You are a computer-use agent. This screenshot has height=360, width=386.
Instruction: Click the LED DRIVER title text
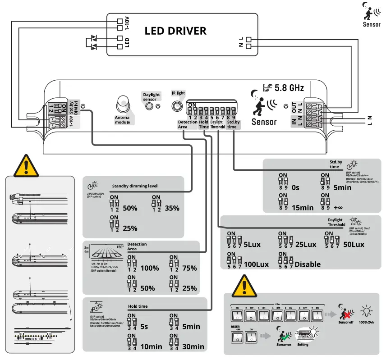click(175, 31)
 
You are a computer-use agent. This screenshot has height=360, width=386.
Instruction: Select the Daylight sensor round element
click(148, 106)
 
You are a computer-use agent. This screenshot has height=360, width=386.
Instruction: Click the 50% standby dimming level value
click(130, 208)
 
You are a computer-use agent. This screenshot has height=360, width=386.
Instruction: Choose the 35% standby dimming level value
click(172, 208)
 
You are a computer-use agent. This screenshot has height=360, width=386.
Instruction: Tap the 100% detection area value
click(150, 268)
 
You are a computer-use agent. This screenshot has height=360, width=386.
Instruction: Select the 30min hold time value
click(193, 346)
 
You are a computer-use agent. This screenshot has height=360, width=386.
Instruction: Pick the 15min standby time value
click(303, 208)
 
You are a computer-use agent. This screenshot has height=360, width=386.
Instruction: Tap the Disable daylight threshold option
click(308, 264)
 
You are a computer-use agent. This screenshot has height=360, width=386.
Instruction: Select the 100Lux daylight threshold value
click(256, 264)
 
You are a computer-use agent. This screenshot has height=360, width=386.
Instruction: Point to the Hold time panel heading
click(138, 306)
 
